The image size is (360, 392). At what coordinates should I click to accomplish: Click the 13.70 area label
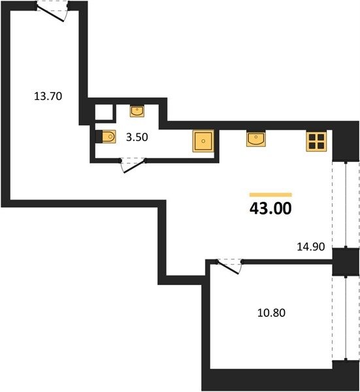(48, 96)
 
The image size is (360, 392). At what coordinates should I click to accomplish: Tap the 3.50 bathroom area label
(137, 137)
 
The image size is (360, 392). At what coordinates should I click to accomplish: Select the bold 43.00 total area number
(270, 208)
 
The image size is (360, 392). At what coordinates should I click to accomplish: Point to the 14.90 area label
(311, 247)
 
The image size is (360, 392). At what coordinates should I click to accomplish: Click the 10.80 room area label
(271, 313)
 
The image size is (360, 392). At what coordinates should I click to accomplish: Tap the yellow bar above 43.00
(270, 195)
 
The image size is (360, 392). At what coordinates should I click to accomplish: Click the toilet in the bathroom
(106, 137)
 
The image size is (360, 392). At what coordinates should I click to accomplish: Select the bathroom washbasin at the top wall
(137, 111)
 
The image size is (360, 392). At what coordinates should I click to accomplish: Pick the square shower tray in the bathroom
(203, 141)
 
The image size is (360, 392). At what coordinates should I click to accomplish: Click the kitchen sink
(255, 139)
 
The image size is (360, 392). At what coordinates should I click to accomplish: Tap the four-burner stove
(316, 141)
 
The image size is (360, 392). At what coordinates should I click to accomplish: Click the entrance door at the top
(52, 10)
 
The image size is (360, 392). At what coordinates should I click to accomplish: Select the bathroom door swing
(133, 165)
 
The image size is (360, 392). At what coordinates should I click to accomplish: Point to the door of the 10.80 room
(229, 266)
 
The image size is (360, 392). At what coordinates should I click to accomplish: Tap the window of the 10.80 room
(346, 318)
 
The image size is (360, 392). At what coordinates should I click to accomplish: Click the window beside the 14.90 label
(346, 204)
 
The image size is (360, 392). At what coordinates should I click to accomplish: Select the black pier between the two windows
(346, 262)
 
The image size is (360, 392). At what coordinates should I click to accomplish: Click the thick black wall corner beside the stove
(346, 141)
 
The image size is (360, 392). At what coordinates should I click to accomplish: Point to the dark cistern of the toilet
(99, 137)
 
